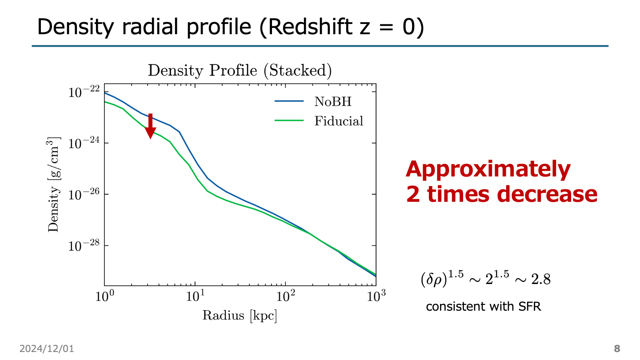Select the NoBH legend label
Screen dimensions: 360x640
click(333, 101)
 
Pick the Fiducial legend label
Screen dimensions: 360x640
click(339, 121)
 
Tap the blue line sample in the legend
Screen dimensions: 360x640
click(289, 101)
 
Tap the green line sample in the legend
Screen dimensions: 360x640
click(289, 121)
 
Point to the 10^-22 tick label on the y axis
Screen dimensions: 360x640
click(84, 92)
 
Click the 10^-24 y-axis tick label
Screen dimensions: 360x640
click(84, 144)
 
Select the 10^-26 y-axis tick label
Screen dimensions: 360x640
click(84, 195)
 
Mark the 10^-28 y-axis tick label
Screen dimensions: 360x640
click(84, 246)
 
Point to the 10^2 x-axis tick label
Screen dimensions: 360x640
click(285, 296)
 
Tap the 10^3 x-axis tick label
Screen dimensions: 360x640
click(376, 296)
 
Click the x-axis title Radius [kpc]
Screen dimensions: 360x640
click(240, 316)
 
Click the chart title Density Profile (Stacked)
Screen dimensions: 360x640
click(240, 70)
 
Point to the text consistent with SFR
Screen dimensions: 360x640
click(484, 307)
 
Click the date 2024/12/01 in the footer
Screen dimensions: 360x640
click(46, 349)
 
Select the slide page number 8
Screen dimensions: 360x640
click(617, 348)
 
